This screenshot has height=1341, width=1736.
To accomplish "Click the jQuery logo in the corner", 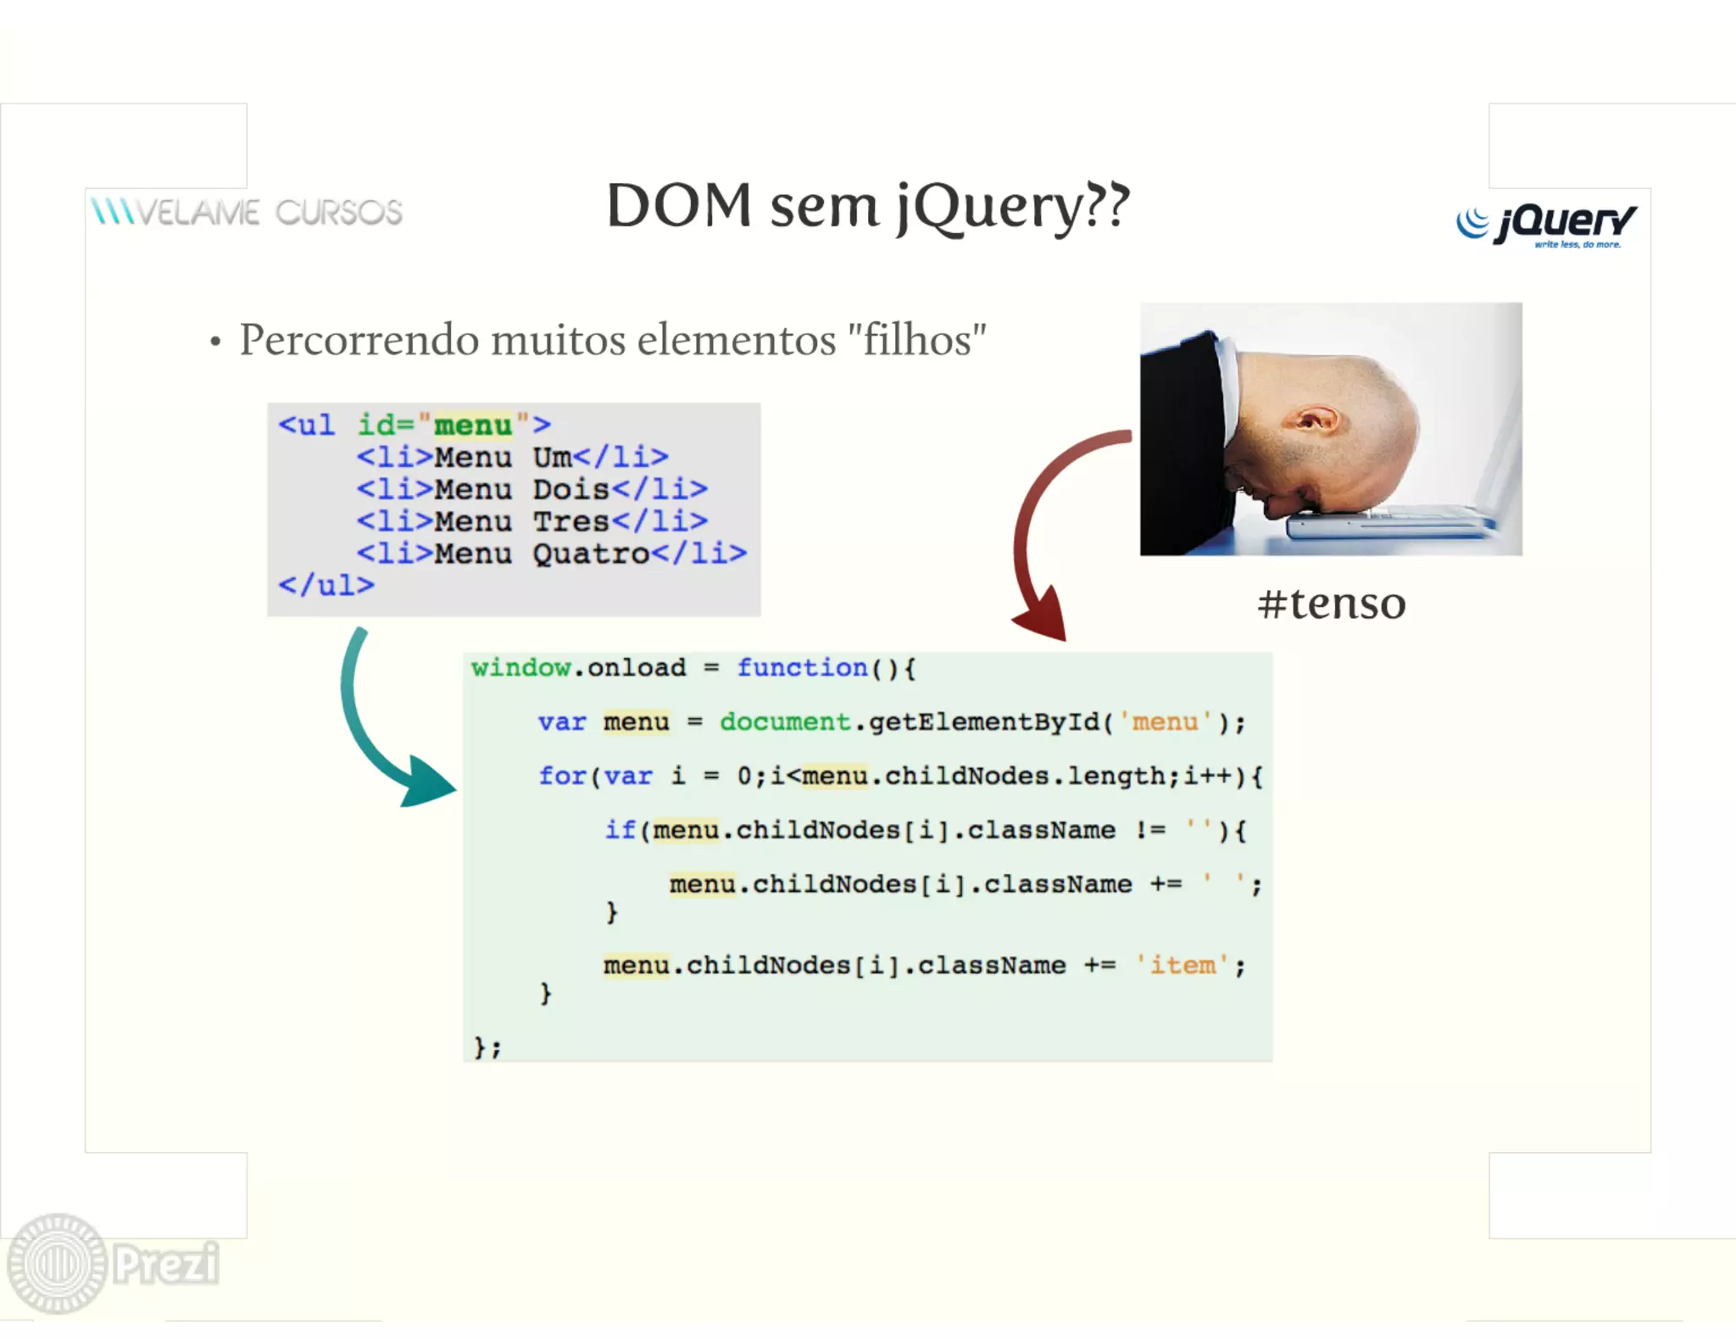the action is [x=1546, y=224].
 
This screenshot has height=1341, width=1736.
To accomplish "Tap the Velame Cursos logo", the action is [x=247, y=212].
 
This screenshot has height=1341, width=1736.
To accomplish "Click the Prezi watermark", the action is [x=114, y=1263].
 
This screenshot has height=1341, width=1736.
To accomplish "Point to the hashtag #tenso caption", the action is [x=1331, y=604].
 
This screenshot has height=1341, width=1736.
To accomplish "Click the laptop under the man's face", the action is [x=1390, y=520].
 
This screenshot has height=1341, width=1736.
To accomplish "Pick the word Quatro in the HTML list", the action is [x=591, y=554].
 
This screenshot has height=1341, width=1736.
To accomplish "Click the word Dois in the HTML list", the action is [x=571, y=489].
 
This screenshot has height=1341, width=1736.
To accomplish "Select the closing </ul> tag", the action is [x=326, y=585].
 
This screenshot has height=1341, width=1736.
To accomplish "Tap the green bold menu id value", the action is [x=473, y=425].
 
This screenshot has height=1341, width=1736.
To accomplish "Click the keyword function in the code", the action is [x=802, y=668].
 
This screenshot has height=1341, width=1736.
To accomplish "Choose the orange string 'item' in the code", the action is [x=1182, y=965].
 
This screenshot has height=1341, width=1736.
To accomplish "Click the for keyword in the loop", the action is [x=562, y=776].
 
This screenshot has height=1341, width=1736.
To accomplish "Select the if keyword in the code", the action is [x=620, y=830].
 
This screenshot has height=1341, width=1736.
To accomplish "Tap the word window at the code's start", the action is [x=520, y=668].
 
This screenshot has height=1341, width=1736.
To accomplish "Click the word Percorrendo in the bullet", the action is [x=359, y=340].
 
